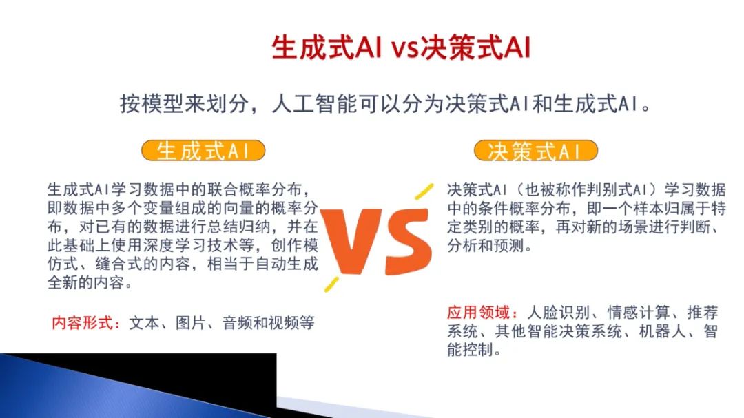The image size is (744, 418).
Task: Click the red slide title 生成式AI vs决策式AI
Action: coord(401,50)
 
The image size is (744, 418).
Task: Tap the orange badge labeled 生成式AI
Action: coord(203,151)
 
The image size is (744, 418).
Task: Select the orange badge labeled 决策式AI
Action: coord(535,151)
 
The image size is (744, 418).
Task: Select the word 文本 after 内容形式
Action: coord(143,322)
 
